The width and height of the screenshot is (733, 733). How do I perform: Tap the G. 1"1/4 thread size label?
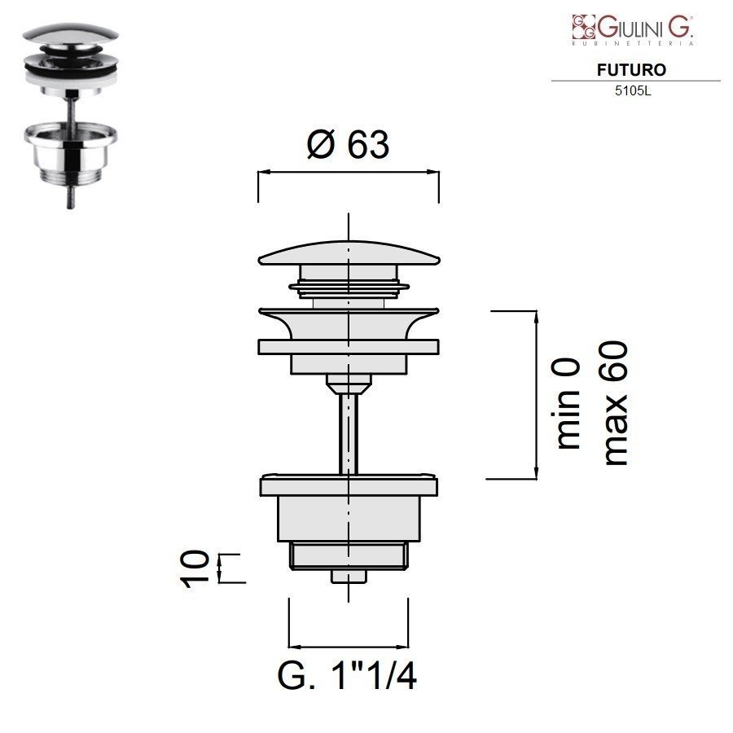[x=347, y=675]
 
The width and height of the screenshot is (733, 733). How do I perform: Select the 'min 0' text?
[x=568, y=404]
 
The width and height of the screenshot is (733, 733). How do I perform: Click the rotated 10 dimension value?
[x=195, y=568]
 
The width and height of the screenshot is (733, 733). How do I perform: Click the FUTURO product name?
[x=631, y=70]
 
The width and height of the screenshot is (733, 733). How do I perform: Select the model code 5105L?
[x=633, y=91]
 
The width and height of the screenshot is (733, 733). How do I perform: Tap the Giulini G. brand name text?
[x=645, y=28]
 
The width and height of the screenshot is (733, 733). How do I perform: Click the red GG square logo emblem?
[x=583, y=27]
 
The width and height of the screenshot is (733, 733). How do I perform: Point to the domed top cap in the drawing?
[x=349, y=253]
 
